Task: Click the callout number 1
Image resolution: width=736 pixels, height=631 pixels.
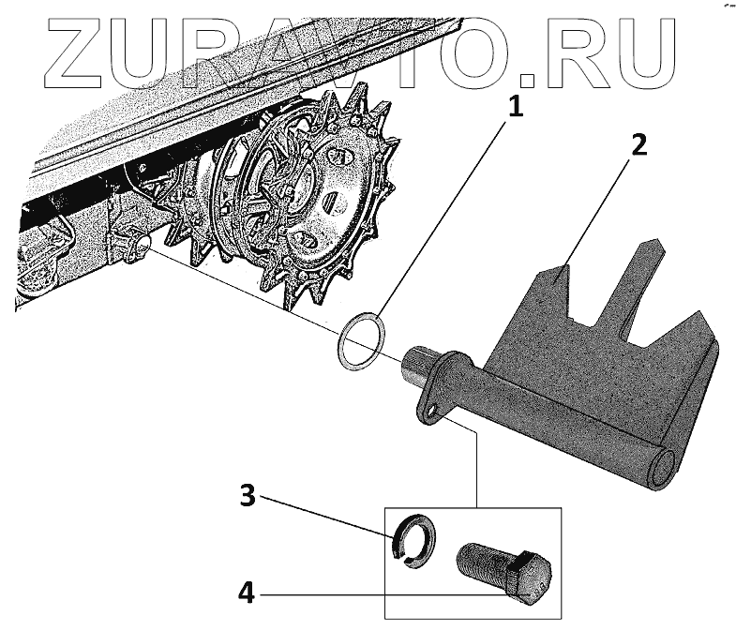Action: click(513, 109)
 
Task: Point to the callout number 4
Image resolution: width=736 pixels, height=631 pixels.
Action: click(247, 593)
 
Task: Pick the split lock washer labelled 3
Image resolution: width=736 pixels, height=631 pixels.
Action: click(410, 543)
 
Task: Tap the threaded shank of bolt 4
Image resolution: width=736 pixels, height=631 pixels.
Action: click(477, 563)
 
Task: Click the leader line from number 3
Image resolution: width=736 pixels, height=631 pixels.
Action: click(328, 516)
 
